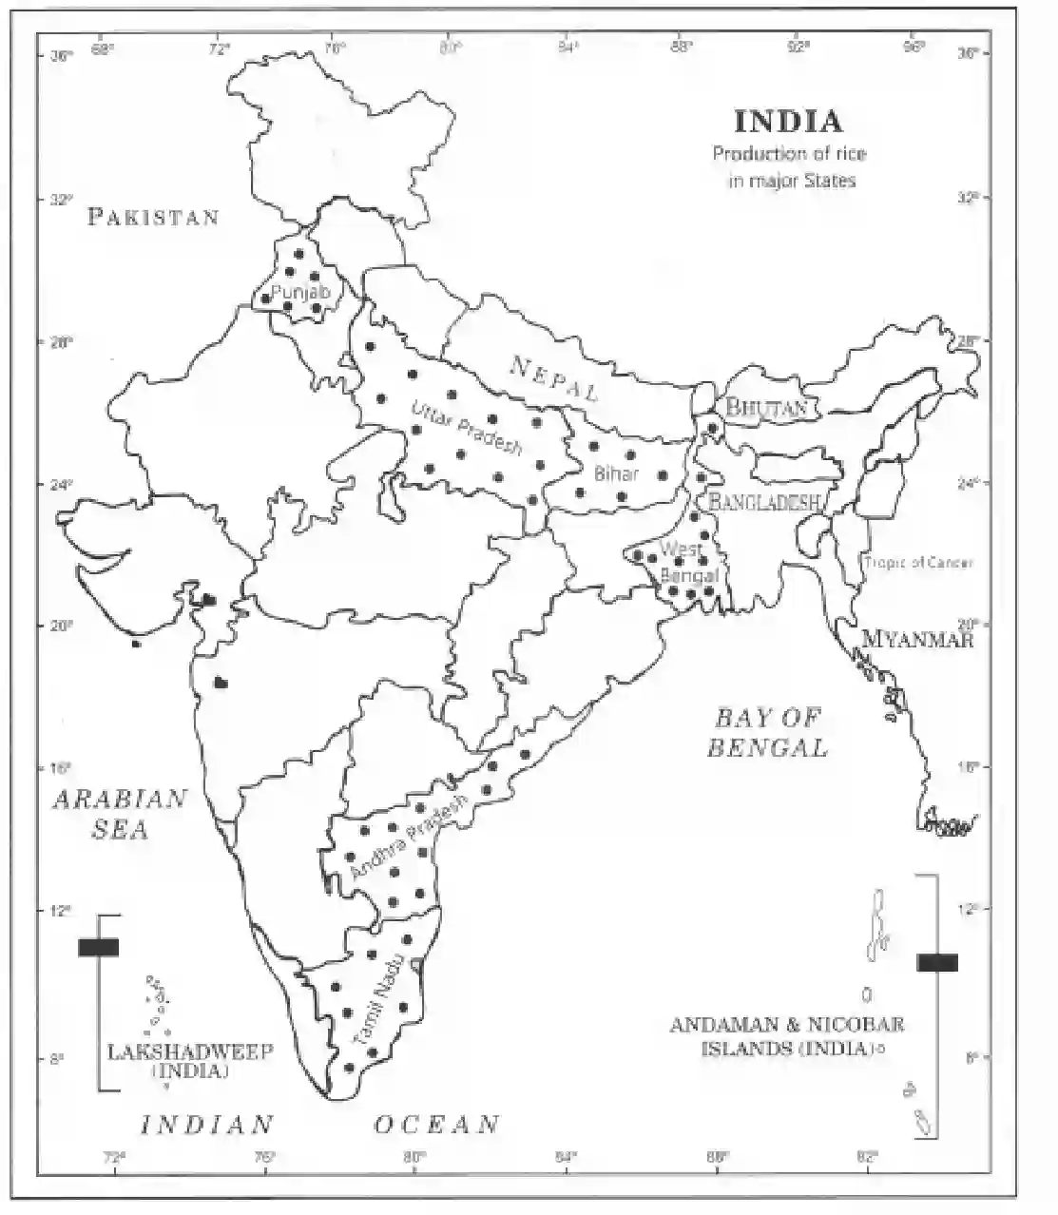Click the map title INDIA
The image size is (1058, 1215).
[x=788, y=122]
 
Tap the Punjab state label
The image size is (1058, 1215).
[x=300, y=292]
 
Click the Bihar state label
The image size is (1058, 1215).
[x=616, y=472]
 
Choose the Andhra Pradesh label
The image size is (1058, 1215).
[x=409, y=837]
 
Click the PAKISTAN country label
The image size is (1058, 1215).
[x=153, y=217]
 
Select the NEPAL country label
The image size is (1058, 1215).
[x=555, y=377]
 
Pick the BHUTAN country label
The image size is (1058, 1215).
[x=766, y=409]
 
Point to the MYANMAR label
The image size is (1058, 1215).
[x=917, y=640]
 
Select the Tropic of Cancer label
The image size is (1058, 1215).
[x=918, y=563]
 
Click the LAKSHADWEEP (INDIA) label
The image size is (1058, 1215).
[x=190, y=1061]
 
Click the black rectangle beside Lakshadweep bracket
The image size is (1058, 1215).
[x=98, y=947]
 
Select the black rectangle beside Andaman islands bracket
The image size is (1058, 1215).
[x=936, y=962]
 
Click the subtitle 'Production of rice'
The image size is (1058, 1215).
[x=789, y=153]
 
